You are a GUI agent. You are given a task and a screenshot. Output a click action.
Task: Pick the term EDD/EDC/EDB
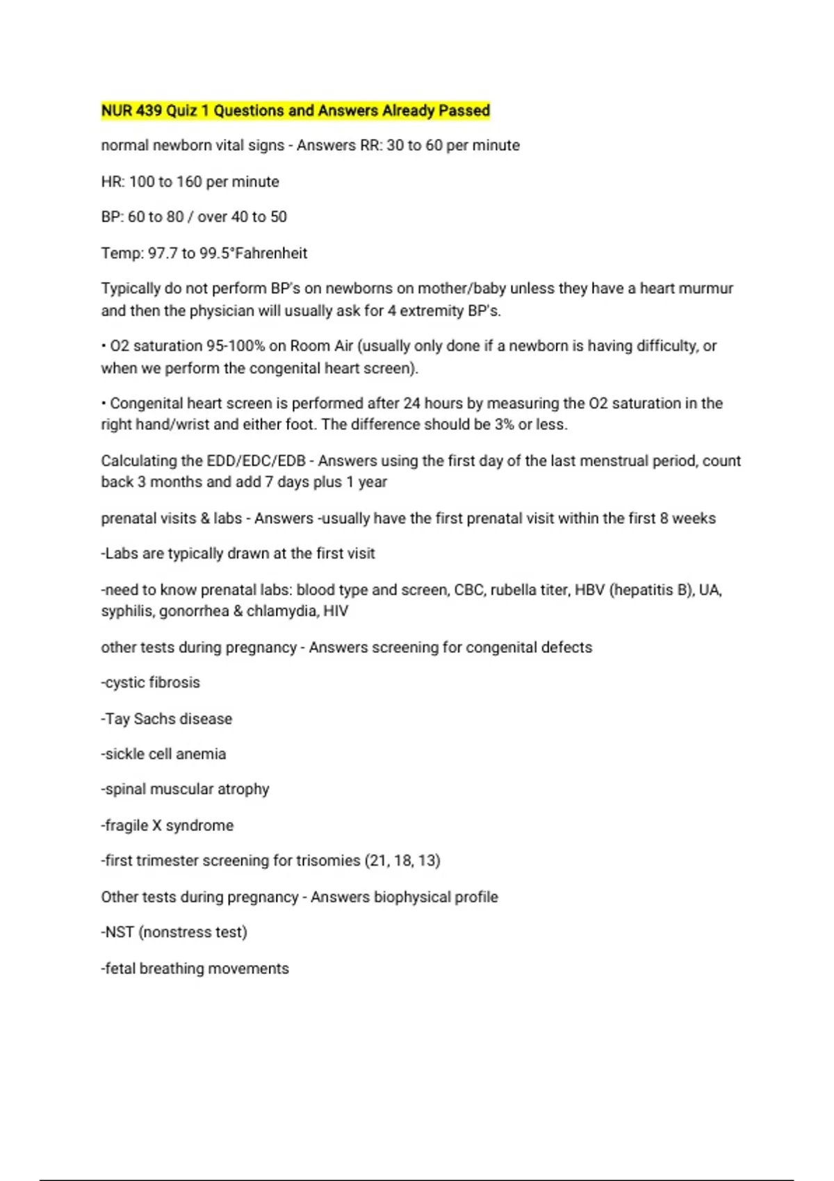(x=256, y=461)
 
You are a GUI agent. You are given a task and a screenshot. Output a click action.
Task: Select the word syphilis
(x=127, y=611)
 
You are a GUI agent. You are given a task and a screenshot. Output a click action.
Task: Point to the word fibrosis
(x=174, y=683)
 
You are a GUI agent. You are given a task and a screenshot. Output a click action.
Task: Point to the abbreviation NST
(x=120, y=932)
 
